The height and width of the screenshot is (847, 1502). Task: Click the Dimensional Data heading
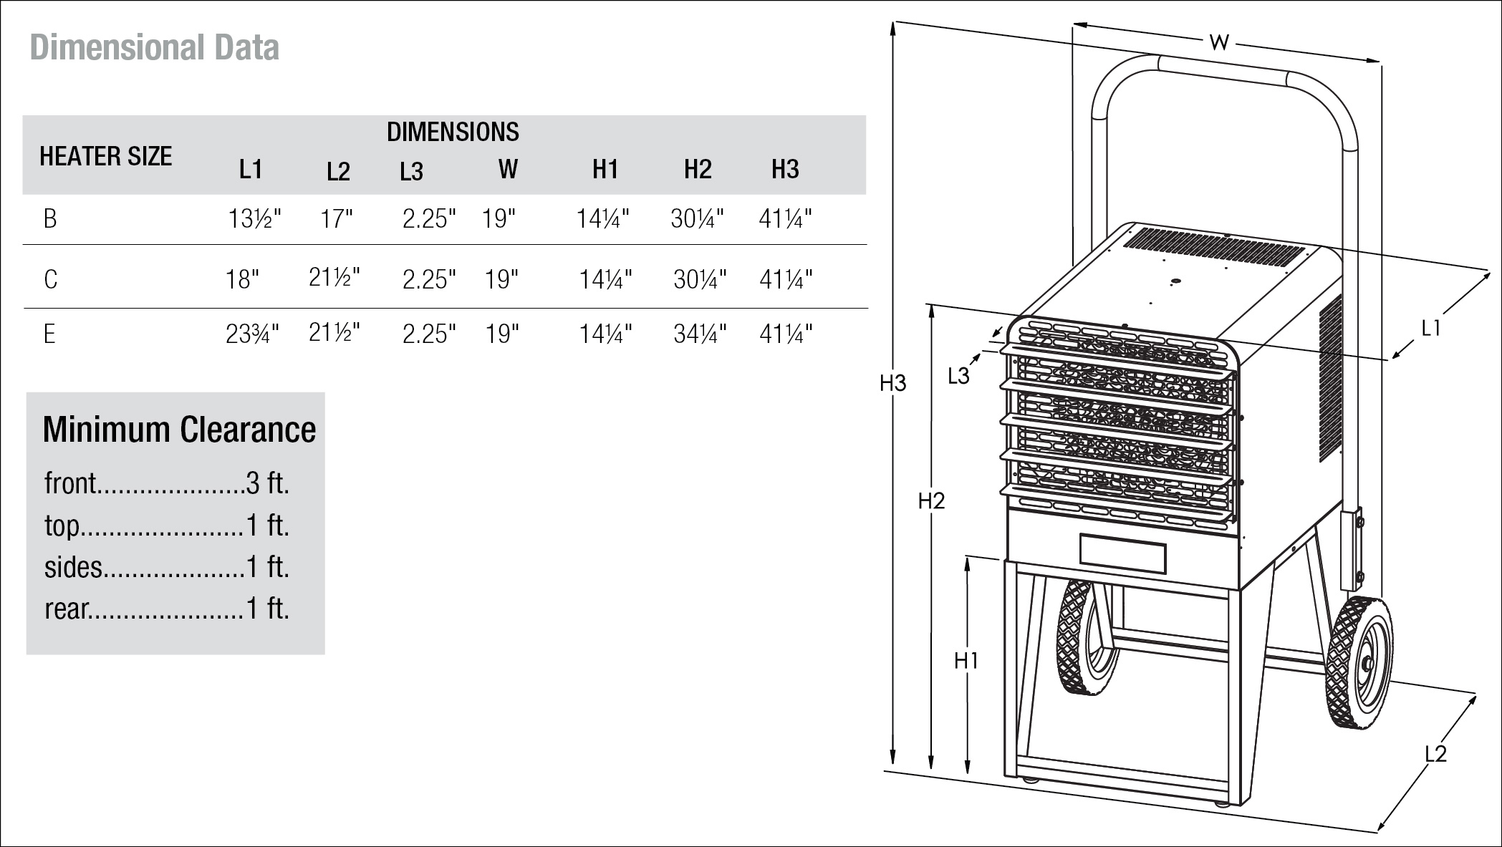coord(154,48)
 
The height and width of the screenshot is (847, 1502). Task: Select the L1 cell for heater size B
coord(254,218)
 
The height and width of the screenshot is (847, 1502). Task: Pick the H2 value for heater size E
coord(700,334)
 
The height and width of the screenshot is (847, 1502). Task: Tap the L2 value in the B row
coord(337,218)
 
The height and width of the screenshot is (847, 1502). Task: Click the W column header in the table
coord(508,170)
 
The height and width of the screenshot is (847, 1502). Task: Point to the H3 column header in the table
coord(785,170)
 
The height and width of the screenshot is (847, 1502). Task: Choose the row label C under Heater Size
coord(50,279)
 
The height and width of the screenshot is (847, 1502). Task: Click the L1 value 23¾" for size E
coord(252,334)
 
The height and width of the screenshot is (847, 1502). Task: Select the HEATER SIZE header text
coord(105,156)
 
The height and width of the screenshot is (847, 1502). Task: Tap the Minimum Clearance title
coord(179,430)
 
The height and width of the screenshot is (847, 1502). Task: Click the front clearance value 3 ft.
coord(268,484)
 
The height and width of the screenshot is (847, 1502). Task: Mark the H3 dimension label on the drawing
coord(893,384)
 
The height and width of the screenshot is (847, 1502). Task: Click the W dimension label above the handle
coord(1219,43)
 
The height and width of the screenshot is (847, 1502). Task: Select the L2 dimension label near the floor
coord(1435,753)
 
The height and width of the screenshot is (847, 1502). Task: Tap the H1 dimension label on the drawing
coord(966,661)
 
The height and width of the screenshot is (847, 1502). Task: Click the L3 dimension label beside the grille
coord(958,376)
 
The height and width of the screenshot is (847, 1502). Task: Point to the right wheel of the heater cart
coord(1359,663)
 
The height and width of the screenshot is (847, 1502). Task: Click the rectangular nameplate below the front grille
coord(1122,554)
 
